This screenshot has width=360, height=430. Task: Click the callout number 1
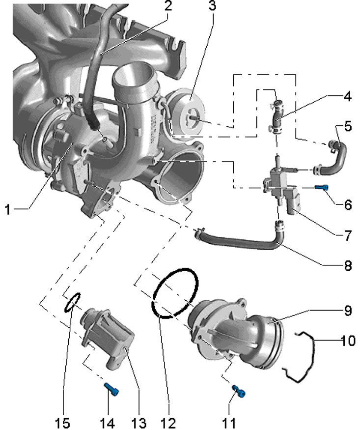coord(8,210)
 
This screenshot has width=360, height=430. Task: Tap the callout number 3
coord(212,6)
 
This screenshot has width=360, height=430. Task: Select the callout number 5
coord(347,126)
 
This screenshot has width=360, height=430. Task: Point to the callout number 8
coord(347,265)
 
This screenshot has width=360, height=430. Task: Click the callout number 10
coord(348,341)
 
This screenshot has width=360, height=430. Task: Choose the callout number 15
coord(63,423)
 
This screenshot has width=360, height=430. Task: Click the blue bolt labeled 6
coord(321,188)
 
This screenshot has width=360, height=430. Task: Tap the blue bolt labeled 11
coord(239,390)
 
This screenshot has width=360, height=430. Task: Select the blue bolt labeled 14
coord(112,390)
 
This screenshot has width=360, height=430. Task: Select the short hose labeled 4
coord(277,117)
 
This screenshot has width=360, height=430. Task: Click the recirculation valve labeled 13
coord(107,337)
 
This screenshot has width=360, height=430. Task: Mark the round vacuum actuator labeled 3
coord(186,113)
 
